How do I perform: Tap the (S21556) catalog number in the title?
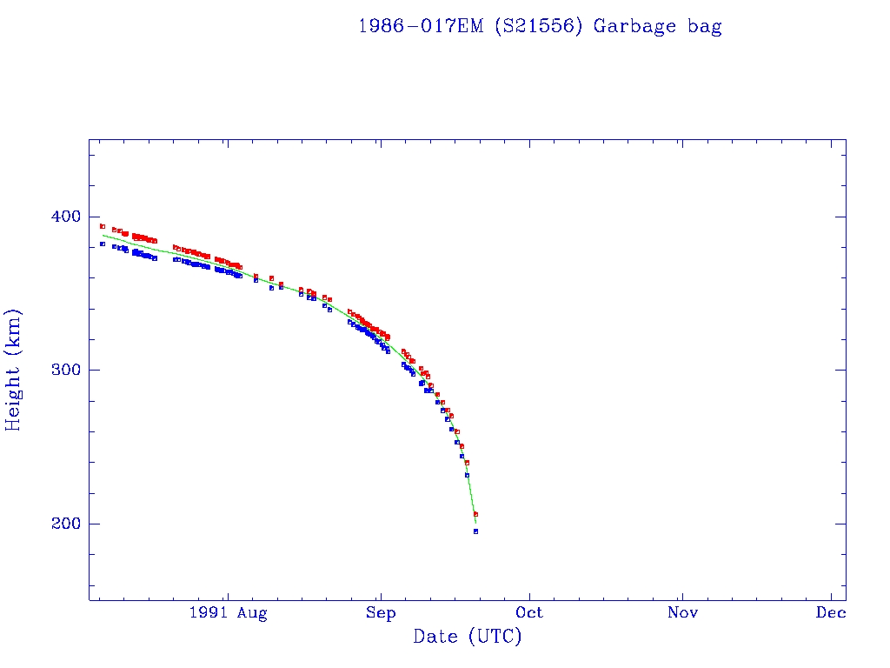[539, 26]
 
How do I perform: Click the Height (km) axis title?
[14, 370]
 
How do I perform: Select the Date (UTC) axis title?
[468, 637]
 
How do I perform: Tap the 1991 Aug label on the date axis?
[228, 613]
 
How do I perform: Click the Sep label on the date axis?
[380, 613]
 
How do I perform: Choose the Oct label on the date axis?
[529, 613]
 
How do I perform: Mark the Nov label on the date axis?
[682, 613]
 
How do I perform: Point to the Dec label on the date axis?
[832, 613]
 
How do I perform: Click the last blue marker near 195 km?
[475, 531]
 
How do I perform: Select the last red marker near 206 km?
[475, 514]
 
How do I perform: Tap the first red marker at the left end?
[103, 226]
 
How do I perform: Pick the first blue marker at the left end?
[103, 244]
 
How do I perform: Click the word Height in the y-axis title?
[14, 391]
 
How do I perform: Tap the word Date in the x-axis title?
[435, 637]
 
